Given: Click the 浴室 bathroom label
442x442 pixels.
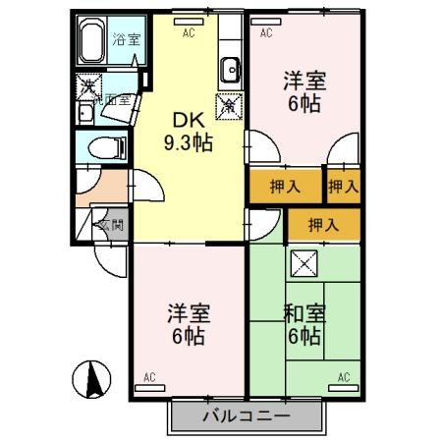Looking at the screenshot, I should click(x=125, y=40).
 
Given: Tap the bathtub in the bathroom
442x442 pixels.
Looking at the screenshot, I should click(x=92, y=42).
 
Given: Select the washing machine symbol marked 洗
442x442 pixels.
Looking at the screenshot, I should click(x=87, y=86).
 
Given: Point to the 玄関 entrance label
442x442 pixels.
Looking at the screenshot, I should click(x=110, y=225).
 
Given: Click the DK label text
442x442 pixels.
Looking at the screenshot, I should click(x=189, y=121).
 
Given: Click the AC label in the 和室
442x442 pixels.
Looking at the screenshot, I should click(x=345, y=377).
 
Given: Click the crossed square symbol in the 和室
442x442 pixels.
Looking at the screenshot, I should click(x=303, y=263).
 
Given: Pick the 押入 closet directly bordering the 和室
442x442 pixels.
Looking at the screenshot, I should click(x=323, y=224).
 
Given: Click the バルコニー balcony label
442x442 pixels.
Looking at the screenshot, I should click(x=247, y=416).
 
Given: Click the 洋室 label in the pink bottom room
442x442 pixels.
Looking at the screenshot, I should click(x=187, y=314).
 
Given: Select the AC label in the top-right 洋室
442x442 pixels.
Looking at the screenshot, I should click(x=265, y=32).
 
